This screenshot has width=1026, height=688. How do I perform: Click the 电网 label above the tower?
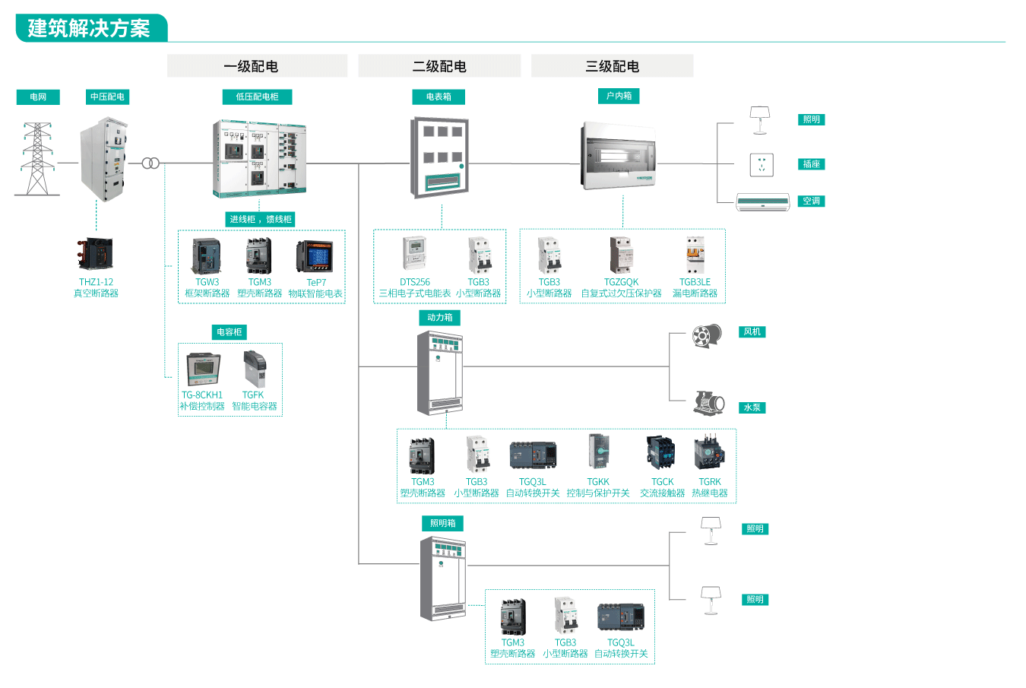[38, 97]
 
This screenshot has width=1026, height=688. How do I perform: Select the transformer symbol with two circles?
[150, 163]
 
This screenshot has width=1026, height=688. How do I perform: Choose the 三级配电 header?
[612, 66]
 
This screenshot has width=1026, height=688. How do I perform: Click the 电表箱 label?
[439, 97]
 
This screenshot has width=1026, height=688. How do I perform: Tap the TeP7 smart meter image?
[315, 257]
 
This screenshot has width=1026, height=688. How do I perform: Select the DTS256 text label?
[415, 282]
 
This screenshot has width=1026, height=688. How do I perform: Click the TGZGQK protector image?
[621, 255]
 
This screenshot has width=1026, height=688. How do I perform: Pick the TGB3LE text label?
[695, 282]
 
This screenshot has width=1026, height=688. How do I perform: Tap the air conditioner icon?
[762, 201]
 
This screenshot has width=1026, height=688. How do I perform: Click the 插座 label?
[811, 164]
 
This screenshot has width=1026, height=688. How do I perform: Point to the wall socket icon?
[762, 164]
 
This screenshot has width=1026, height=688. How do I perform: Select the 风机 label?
[752, 331]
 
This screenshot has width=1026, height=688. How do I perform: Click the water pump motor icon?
[709, 403]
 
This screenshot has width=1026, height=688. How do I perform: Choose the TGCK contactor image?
[661, 453]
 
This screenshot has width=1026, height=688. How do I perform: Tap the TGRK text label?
[710, 482]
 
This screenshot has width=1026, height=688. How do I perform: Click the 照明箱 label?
[442, 523]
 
